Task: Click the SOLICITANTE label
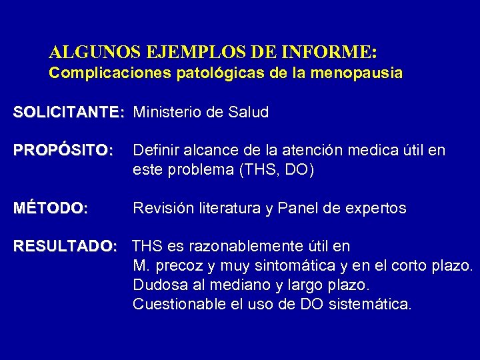click(x=68, y=113)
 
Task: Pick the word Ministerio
click(x=167, y=113)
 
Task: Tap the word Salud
click(x=247, y=113)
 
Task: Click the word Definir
click(x=155, y=151)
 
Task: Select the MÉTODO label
click(x=51, y=209)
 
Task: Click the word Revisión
click(x=161, y=209)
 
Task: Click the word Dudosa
click(x=157, y=285)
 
